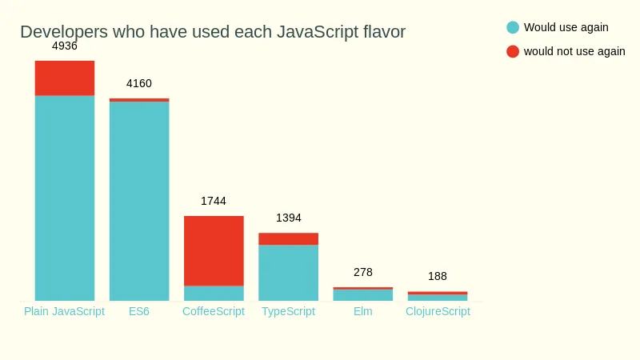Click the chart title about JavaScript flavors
click(x=213, y=32)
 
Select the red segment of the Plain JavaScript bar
click(x=65, y=78)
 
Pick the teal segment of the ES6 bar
click(x=139, y=201)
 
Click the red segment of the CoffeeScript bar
click(x=214, y=250)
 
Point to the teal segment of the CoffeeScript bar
click(x=214, y=293)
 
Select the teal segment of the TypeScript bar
click(x=288, y=273)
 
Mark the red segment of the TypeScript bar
click(x=288, y=239)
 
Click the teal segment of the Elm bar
click(x=362, y=295)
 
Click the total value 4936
click(x=65, y=46)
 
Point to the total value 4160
click(x=139, y=83)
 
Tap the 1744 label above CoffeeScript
click(x=214, y=201)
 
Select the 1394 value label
click(x=288, y=218)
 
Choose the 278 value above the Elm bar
click(x=362, y=272)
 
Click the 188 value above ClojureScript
click(x=438, y=276)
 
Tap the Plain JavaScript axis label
click(x=65, y=311)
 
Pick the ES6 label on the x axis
click(x=139, y=311)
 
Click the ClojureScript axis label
click(x=438, y=311)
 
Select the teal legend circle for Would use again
click(x=513, y=27)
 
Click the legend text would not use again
click(x=574, y=51)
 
